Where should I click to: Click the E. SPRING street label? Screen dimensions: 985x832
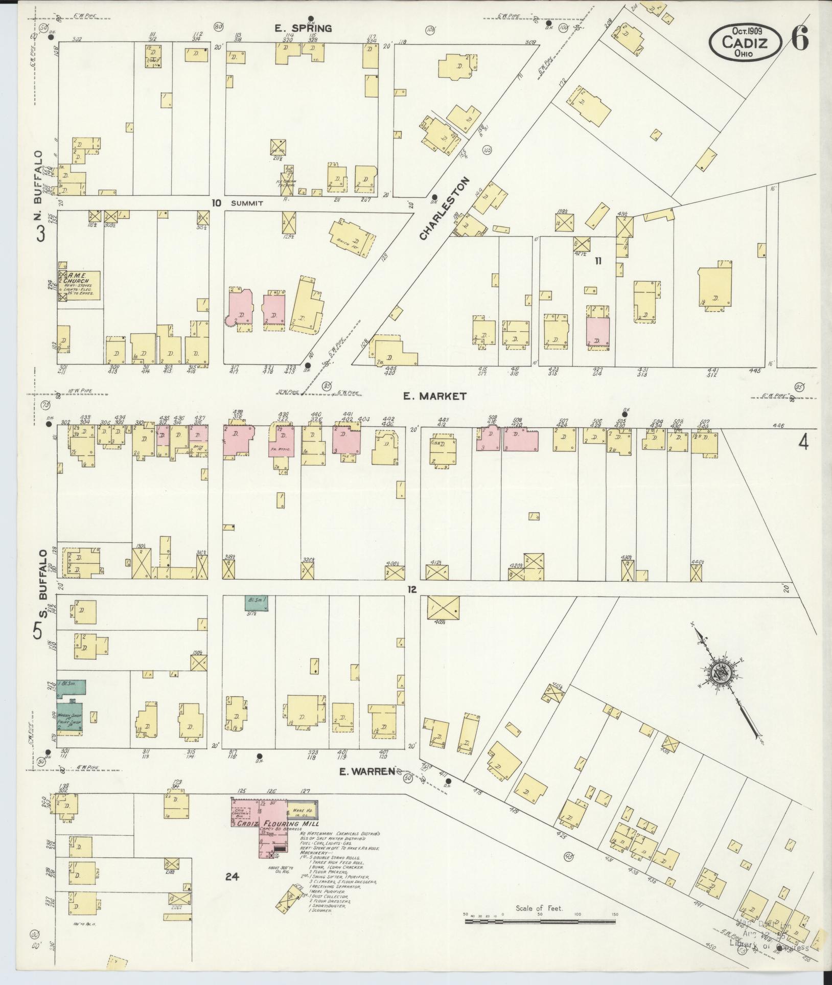(303, 28)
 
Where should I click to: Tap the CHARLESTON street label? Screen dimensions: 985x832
(444, 209)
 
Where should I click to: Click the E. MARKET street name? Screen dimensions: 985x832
(434, 396)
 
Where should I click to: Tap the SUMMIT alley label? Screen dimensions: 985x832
(247, 203)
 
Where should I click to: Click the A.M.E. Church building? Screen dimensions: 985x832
(79, 285)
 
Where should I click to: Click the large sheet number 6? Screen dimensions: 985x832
(800, 40)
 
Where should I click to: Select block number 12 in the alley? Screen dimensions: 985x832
(412, 589)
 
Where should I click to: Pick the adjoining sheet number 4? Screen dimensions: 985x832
(804, 443)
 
